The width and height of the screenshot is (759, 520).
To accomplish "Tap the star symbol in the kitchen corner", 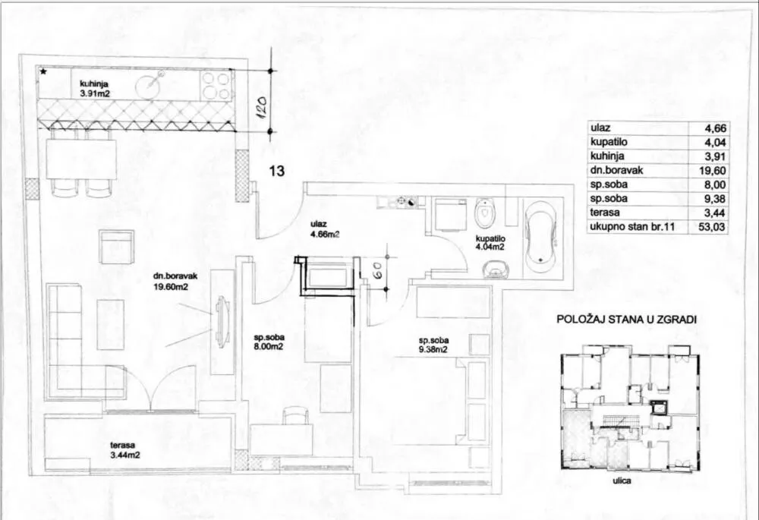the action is (43, 71).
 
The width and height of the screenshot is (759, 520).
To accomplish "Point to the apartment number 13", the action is (277, 171).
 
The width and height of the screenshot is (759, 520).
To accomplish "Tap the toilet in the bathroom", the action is (483, 213).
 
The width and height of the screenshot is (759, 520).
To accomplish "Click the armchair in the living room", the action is (117, 247).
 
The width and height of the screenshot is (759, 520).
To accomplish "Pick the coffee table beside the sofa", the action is (111, 324).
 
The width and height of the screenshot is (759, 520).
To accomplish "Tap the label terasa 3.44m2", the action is (125, 450).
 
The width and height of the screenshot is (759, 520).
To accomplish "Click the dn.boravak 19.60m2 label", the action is (170, 282).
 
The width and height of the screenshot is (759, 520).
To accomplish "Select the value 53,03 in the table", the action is (714, 227).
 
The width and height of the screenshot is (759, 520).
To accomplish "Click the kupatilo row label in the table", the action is (609, 142).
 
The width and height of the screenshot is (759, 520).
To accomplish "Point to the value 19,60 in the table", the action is (714, 171).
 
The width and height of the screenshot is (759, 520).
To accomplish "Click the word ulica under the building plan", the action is (622, 481).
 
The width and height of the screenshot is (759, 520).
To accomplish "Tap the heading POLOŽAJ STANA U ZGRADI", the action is (626, 320).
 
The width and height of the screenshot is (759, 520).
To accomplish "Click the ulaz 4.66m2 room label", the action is (326, 229).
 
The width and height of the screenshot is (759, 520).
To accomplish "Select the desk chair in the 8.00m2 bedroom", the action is (294, 417).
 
